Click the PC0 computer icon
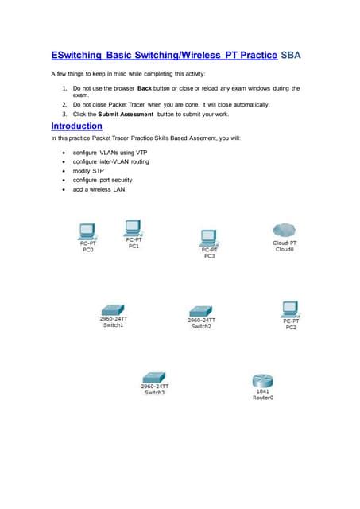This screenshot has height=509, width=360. pos(88,231)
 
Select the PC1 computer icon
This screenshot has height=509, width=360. pos(133,226)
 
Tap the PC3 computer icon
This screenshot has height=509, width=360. pos(209,236)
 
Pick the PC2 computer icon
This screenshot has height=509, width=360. pos(290,308)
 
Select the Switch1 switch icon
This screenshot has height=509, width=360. pos(113,309)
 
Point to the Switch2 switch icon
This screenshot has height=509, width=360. pos(200,310)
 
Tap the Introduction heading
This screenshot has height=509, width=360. pos(76,126)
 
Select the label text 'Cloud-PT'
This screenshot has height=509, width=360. pos(285,242)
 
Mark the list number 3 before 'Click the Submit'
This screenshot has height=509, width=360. pos(64,115)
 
